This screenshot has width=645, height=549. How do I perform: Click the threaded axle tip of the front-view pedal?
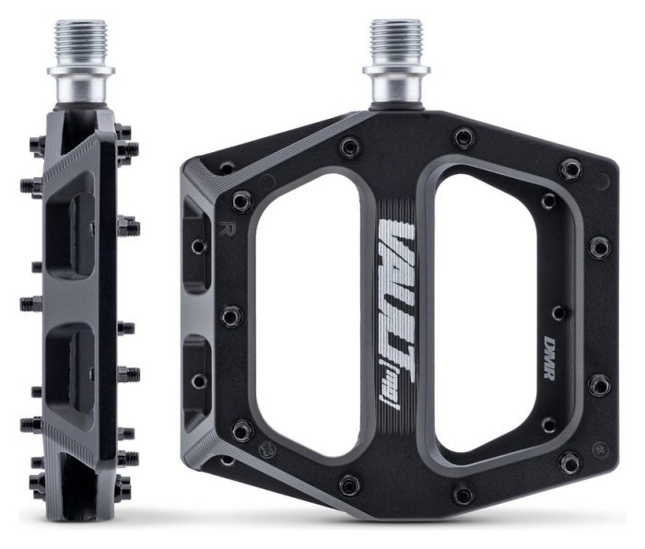[x=396, y=41]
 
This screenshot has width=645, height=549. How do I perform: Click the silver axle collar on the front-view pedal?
[x=396, y=85]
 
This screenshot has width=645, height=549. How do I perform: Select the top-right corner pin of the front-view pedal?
[x=571, y=169]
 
